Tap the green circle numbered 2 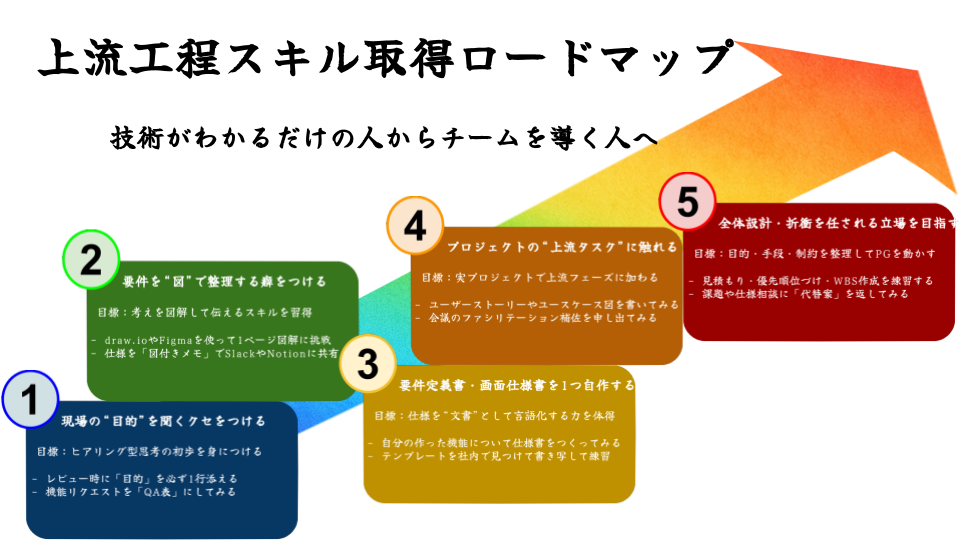click(x=91, y=260)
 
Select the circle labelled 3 click(x=368, y=366)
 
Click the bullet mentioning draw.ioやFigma click(x=210, y=338)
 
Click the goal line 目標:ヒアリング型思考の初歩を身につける click(x=150, y=451)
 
